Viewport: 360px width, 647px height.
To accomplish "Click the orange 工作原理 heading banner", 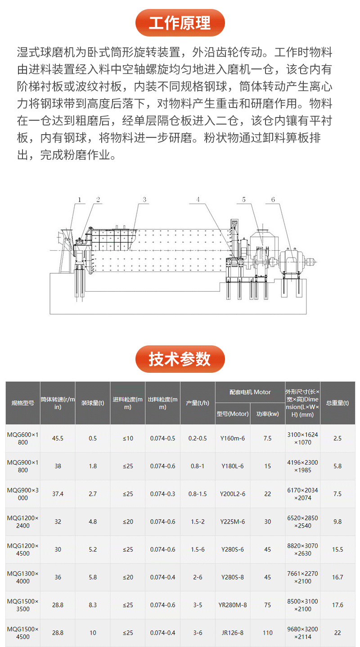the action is (180, 23).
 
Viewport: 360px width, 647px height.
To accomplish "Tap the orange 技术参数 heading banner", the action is (180, 359).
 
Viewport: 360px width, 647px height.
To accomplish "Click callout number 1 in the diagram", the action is (79, 199).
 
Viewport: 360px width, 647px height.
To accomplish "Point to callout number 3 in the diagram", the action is (144, 199).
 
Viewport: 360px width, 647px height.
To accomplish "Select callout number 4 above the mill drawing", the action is (198, 199).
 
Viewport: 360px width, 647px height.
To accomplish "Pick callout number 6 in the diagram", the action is (273, 199).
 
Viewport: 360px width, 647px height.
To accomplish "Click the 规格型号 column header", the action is (23, 403).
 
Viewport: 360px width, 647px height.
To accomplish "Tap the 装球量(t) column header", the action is (93, 403).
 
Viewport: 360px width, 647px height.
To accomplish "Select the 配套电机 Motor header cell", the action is (250, 392).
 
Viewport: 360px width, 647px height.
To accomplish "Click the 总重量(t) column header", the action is (337, 403).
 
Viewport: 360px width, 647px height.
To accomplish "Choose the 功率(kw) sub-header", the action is (268, 414).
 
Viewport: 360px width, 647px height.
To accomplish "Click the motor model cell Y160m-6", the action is (232, 438).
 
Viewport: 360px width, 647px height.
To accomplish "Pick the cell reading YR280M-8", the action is (232, 605).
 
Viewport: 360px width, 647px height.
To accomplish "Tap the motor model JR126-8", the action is (232, 633).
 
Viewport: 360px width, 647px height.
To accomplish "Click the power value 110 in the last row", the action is (268, 633).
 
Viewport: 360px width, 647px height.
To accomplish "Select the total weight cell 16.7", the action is (337, 577).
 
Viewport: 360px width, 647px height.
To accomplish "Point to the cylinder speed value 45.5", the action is (58, 438).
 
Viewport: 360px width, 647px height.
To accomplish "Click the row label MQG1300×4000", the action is (23, 577).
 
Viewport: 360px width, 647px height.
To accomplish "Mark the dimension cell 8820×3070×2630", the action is (302, 549).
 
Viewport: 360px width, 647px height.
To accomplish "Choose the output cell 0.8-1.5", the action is (198, 494).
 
